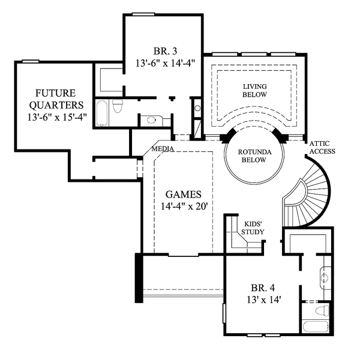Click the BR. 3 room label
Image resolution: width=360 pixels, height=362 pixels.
tap(165, 51)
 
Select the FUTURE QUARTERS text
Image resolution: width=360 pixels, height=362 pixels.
tap(56, 99)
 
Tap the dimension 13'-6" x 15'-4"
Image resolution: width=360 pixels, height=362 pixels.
tap(57, 117)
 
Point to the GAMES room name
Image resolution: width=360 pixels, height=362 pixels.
tap(183, 195)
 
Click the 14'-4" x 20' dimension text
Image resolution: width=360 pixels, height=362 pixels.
tap(184, 206)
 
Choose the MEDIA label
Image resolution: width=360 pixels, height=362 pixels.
tap(163, 149)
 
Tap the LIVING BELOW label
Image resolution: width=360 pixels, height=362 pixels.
tap(254, 90)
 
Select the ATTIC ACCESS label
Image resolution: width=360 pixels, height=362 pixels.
tap(322, 147)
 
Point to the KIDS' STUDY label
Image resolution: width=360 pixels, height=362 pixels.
tap(253, 228)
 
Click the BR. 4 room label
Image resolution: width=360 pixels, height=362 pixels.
tap(263, 288)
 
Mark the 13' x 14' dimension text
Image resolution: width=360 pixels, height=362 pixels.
tap(264, 300)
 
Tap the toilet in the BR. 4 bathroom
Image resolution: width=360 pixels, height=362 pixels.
tap(323, 310)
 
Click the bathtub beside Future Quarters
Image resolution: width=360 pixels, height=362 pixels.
tap(101, 113)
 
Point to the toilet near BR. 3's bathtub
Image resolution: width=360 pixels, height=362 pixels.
tap(118, 106)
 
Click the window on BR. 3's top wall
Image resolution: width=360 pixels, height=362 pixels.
tap(143, 14)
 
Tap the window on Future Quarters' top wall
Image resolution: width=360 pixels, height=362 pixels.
tap(31, 61)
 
